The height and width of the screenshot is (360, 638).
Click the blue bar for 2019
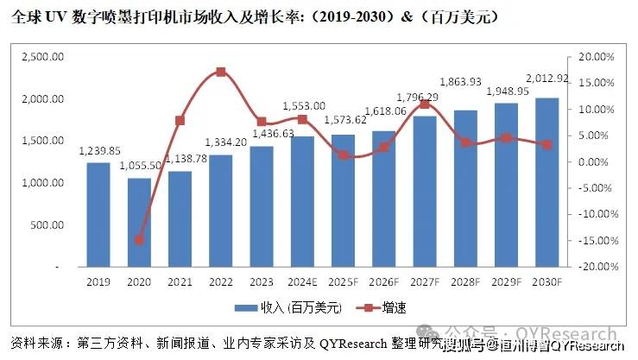98,215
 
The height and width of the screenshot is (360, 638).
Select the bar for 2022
221,212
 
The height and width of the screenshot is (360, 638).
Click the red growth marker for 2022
221,72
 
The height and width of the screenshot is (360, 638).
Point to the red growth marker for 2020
139,240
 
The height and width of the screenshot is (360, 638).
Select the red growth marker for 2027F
425,104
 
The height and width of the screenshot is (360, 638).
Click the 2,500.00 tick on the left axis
42,57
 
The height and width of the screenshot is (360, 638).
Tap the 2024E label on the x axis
302,281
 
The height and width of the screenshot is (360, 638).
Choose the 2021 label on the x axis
180,281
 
